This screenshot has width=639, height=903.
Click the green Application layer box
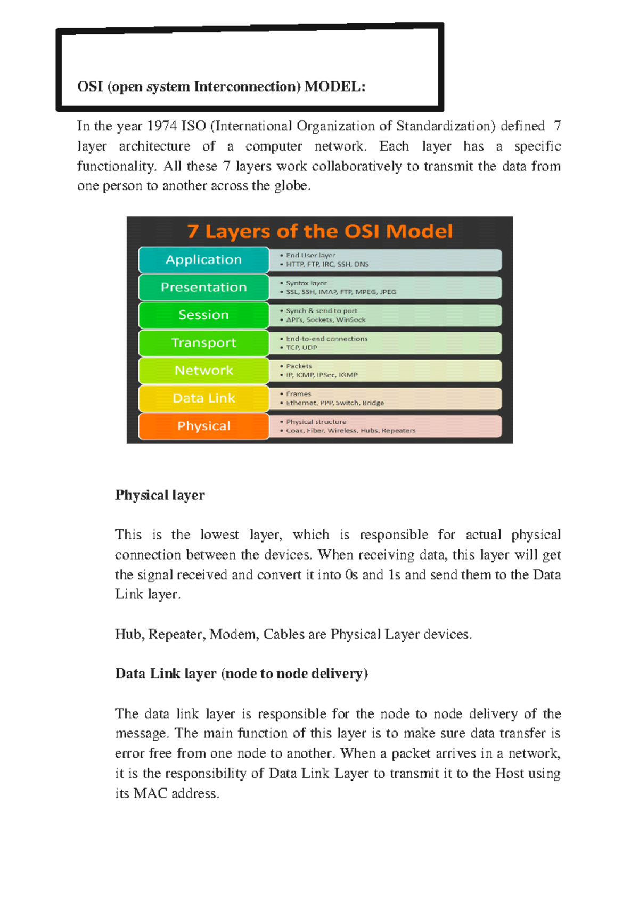coord(203,260)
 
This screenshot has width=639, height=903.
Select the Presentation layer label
coord(203,288)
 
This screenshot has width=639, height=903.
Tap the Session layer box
coord(203,315)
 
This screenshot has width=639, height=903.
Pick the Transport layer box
coord(203,343)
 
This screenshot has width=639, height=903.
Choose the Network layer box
coord(203,371)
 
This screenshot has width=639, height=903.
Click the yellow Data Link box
coord(203,398)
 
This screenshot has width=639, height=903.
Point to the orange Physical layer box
coord(203,426)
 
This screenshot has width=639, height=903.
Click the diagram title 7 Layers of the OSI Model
coord(319,232)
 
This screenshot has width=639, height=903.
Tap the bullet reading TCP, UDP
coord(301,348)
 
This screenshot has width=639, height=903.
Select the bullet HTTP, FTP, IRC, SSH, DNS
coord(327,264)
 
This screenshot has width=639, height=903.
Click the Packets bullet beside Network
coord(299,366)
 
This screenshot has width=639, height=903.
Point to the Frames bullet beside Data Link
coord(298,394)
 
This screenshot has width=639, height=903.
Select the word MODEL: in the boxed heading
coord(335,87)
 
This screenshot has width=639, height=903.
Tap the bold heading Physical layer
coord(160,495)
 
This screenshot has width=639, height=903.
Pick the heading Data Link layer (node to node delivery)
coord(241,674)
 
